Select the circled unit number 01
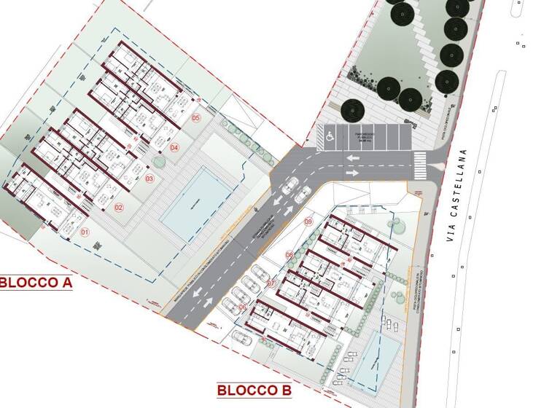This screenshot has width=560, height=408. pos(85,232)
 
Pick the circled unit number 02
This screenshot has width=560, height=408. pos(118,207)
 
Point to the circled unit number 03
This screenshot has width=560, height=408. pos(149,178)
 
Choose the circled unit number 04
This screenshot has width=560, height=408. pos(174,148)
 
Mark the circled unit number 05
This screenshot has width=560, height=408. pos(195,117)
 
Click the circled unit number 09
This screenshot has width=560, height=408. pos(308,221)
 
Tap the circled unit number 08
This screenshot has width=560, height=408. pos(289,255)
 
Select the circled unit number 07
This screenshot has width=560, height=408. pos(271,283)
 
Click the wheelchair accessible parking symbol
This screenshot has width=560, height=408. pos(329,136)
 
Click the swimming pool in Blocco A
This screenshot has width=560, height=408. pos(192,200)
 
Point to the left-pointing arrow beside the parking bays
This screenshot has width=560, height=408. pos(352,158)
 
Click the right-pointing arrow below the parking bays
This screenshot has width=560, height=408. pos(352,173)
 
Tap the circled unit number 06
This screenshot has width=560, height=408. pos(244,307)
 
